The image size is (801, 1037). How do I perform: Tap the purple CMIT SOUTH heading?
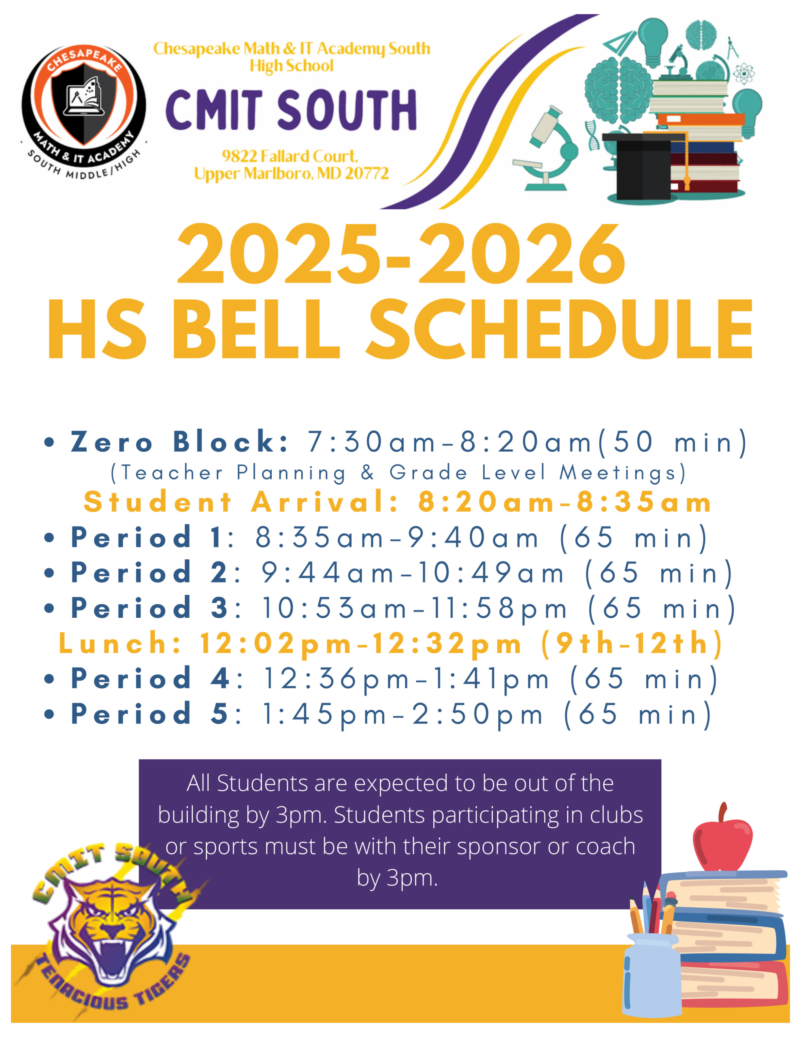[291, 110]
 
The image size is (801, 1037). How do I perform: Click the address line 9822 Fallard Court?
[290, 156]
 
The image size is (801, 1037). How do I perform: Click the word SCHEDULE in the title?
[560, 331]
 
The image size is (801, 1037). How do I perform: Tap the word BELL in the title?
[256, 331]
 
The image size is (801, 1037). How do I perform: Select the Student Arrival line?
[398, 502]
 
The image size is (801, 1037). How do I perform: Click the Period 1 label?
[146, 538]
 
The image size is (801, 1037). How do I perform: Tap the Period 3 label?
[149, 608]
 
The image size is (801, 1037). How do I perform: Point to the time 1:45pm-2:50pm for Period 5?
[403, 714]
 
